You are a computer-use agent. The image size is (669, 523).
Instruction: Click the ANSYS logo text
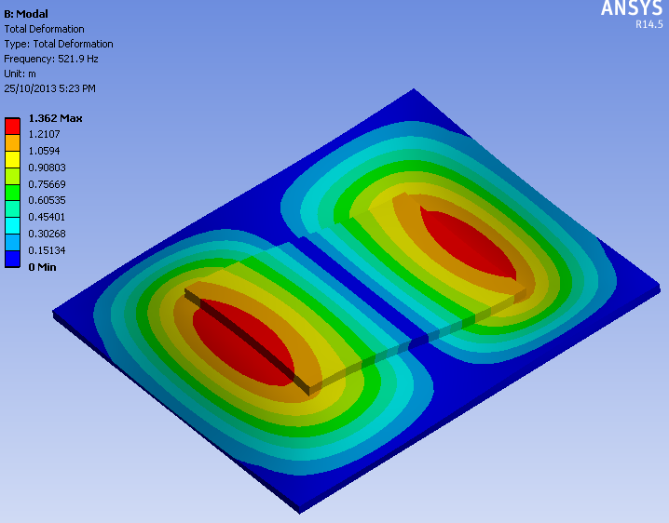click(632, 8)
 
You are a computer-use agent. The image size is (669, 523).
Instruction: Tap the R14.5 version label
click(649, 24)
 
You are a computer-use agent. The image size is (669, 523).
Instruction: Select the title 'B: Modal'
click(26, 14)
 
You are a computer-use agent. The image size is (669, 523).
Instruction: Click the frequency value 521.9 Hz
click(78, 59)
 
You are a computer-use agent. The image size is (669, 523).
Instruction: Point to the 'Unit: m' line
click(20, 74)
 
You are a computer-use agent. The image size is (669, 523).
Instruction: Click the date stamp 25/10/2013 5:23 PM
click(50, 88)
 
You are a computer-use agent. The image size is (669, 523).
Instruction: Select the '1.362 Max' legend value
click(56, 118)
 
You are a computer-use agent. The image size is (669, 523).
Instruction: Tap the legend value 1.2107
click(44, 134)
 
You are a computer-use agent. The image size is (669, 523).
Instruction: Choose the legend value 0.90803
click(47, 168)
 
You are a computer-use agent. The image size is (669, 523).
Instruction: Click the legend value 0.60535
click(47, 200)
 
